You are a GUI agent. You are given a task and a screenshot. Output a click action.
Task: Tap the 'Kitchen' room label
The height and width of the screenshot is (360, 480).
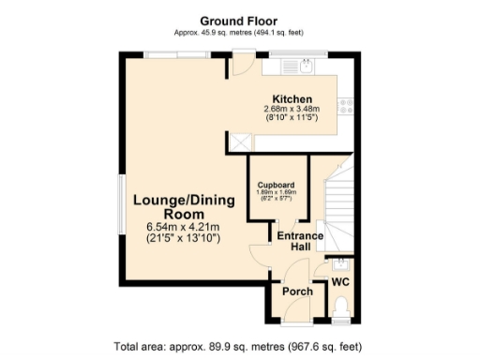click(292, 99)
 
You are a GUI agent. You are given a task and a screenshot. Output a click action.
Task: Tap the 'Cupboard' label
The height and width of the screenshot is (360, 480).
click(277, 185)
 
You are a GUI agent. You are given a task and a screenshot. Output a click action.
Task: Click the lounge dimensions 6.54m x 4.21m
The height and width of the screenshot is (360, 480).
click(182, 227)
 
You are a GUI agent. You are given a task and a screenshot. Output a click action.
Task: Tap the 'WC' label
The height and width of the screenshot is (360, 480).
click(340, 282)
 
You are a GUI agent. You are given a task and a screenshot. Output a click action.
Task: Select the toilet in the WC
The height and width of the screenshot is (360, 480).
click(341, 306)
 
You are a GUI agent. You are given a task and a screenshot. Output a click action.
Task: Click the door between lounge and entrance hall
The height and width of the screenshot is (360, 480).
click(257, 253)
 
